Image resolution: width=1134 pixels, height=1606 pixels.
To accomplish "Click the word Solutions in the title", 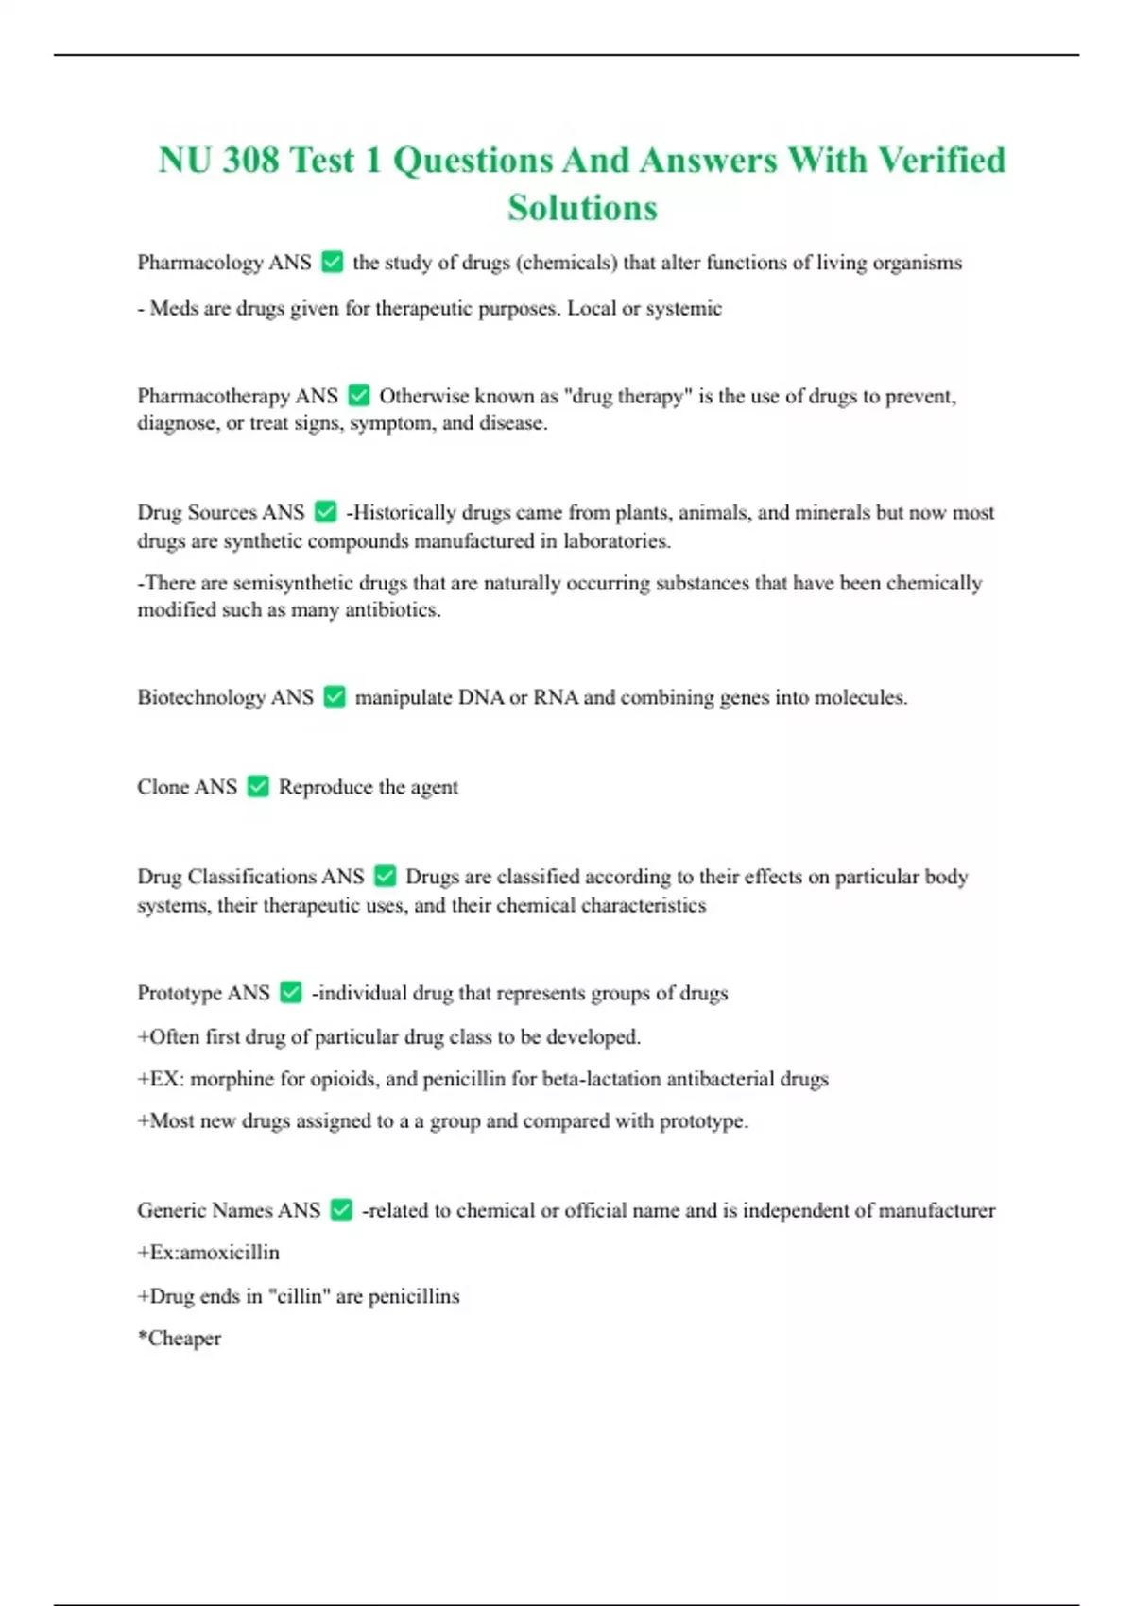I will [582, 208].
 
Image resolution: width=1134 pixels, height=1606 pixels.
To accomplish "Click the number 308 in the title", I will [250, 160].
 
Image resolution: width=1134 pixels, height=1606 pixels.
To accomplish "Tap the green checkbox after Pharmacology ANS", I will [333, 262].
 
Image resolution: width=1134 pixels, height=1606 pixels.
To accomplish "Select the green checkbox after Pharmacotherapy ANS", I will [359, 395].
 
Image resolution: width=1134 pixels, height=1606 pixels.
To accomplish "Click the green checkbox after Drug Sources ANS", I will [326, 512].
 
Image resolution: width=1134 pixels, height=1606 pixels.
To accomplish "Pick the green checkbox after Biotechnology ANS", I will [335, 697].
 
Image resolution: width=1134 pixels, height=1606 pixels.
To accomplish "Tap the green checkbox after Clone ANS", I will [258, 786].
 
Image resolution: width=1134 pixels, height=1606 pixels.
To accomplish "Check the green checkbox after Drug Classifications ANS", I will [386, 876].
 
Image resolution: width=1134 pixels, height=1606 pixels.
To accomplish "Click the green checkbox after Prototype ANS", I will [291, 992].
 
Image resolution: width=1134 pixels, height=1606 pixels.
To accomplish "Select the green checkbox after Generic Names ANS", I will [342, 1209].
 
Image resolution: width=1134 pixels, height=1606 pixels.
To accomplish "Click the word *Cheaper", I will [180, 1339].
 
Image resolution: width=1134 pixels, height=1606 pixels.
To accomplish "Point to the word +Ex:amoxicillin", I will [208, 1253].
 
